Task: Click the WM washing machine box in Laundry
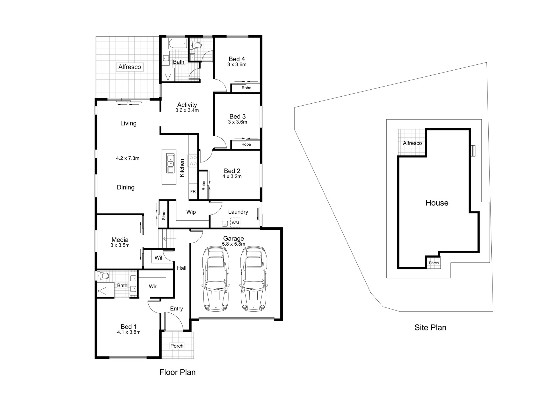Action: (x=235, y=223)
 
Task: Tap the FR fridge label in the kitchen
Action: (x=193, y=192)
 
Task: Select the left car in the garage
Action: (x=215, y=279)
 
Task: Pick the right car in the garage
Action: (x=253, y=279)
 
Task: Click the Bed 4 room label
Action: (x=237, y=59)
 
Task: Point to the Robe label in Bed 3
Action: (x=246, y=144)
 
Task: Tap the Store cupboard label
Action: (x=164, y=215)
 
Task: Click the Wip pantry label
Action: (x=191, y=212)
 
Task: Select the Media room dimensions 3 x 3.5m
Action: (x=120, y=245)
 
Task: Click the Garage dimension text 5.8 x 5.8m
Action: (x=234, y=244)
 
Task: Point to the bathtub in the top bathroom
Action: (x=178, y=43)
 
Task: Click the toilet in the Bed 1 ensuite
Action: (x=102, y=276)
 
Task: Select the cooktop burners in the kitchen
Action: (x=193, y=160)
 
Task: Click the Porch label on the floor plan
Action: (x=177, y=346)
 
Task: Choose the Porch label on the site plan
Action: (x=434, y=263)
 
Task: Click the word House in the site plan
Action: (x=437, y=203)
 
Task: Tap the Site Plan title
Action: (x=430, y=327)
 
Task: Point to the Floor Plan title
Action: (x=178, y=372)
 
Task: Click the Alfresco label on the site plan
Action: (x=412, y=143)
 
